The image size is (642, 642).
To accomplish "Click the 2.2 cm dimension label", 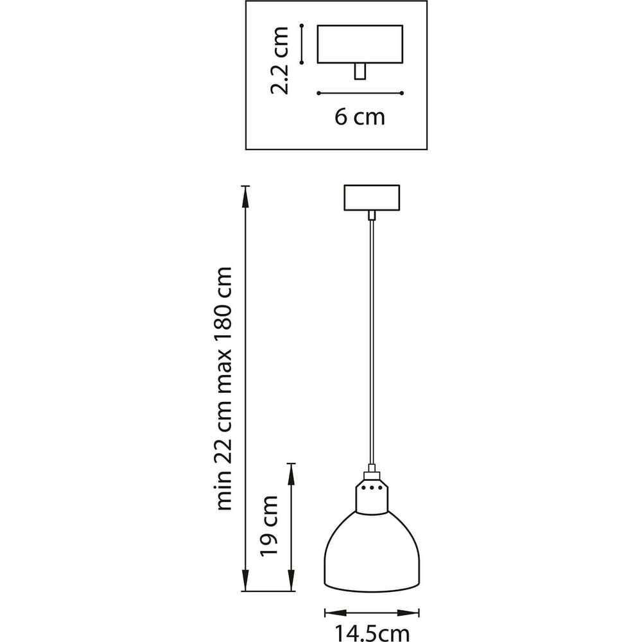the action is point(280,60).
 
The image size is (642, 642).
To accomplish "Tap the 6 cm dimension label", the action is point(360,117).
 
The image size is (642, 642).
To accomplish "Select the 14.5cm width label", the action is point(372,633).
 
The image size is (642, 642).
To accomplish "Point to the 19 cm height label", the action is point(269,526).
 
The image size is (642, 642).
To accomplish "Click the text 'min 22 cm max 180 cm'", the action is point(223,388).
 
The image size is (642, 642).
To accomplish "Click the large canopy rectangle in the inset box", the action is point(360,44).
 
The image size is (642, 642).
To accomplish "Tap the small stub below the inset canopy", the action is point(360,71).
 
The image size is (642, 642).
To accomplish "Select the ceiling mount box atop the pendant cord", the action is point(372,198).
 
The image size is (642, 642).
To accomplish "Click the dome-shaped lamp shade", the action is point(372,551).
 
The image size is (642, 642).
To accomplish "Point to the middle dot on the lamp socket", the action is point(372,488).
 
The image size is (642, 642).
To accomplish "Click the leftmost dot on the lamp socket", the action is point(364,488).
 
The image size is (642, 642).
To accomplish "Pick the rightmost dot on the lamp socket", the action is point(379,488).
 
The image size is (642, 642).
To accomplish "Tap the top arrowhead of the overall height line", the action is point(245,196).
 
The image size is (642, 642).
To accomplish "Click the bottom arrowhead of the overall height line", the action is point(245,580).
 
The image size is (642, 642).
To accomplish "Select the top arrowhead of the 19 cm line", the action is point(291,474).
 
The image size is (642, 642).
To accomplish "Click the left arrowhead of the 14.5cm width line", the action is point(336,613).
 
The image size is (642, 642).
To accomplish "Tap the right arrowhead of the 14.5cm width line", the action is point(408,613).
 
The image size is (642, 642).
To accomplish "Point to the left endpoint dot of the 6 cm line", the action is point(318,93).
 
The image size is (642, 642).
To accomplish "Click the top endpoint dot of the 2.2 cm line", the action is point(302,26).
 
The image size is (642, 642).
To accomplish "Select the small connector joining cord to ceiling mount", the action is point(372,215).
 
